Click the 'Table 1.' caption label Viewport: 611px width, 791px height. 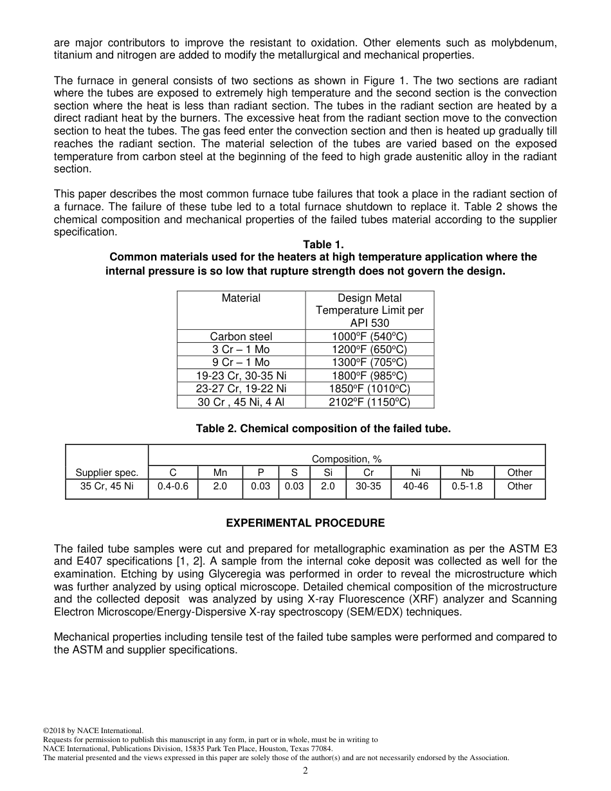pos(323,244)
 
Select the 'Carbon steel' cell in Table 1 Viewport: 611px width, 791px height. pos(241,336)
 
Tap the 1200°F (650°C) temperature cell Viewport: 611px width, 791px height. pos(369,349)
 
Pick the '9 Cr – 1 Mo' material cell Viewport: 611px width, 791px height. pos(241,362)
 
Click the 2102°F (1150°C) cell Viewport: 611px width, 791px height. pos(369,402)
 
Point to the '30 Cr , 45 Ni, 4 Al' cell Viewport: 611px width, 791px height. pos(241,402)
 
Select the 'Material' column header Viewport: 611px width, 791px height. pos(241,298)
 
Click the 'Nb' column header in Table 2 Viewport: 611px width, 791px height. pos(467,473)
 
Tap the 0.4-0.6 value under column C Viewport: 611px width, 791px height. pos(172,487)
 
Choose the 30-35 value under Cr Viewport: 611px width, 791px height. pos(369,487)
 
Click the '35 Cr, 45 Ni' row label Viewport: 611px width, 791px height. pos(107,487)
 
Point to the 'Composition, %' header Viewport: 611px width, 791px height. pos(347,459)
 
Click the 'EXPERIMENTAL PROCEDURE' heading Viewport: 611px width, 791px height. pos(305,523)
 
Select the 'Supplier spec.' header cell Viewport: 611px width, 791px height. pos(107,473)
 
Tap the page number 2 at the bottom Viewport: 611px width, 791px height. pos(305,771)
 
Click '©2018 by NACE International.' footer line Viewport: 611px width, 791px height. pos(93,731)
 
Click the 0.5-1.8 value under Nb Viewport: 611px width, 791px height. pos(467,487)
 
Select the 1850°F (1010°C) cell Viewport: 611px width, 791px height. pos(369,388)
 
